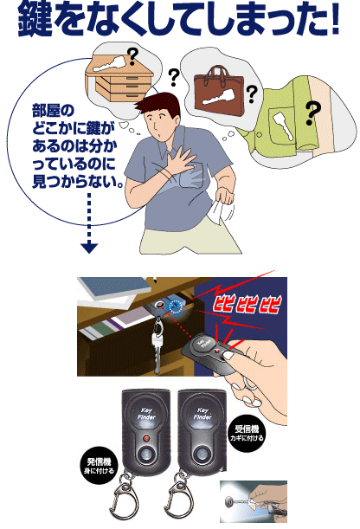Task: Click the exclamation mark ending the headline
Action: [x=335, y=20]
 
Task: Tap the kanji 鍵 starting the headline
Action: [x=35, y=21]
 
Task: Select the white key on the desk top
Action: [x=111, y=63]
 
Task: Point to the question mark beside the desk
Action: [x=133, y=56]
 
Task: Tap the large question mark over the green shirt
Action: [x=312, y=113]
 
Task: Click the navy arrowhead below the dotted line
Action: [x=89, y=248]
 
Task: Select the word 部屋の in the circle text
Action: [x=53, y=111]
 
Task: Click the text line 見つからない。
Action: [x=77, y=182]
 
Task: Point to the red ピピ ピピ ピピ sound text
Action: [x=247, y=305]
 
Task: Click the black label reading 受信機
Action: [x=247, y=433]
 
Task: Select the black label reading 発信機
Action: [x=99, y=466]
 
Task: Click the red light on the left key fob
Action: [x=146, y=438]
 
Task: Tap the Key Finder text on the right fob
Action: [x=202, y=414]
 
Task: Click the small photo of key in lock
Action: [x=254, y=501]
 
